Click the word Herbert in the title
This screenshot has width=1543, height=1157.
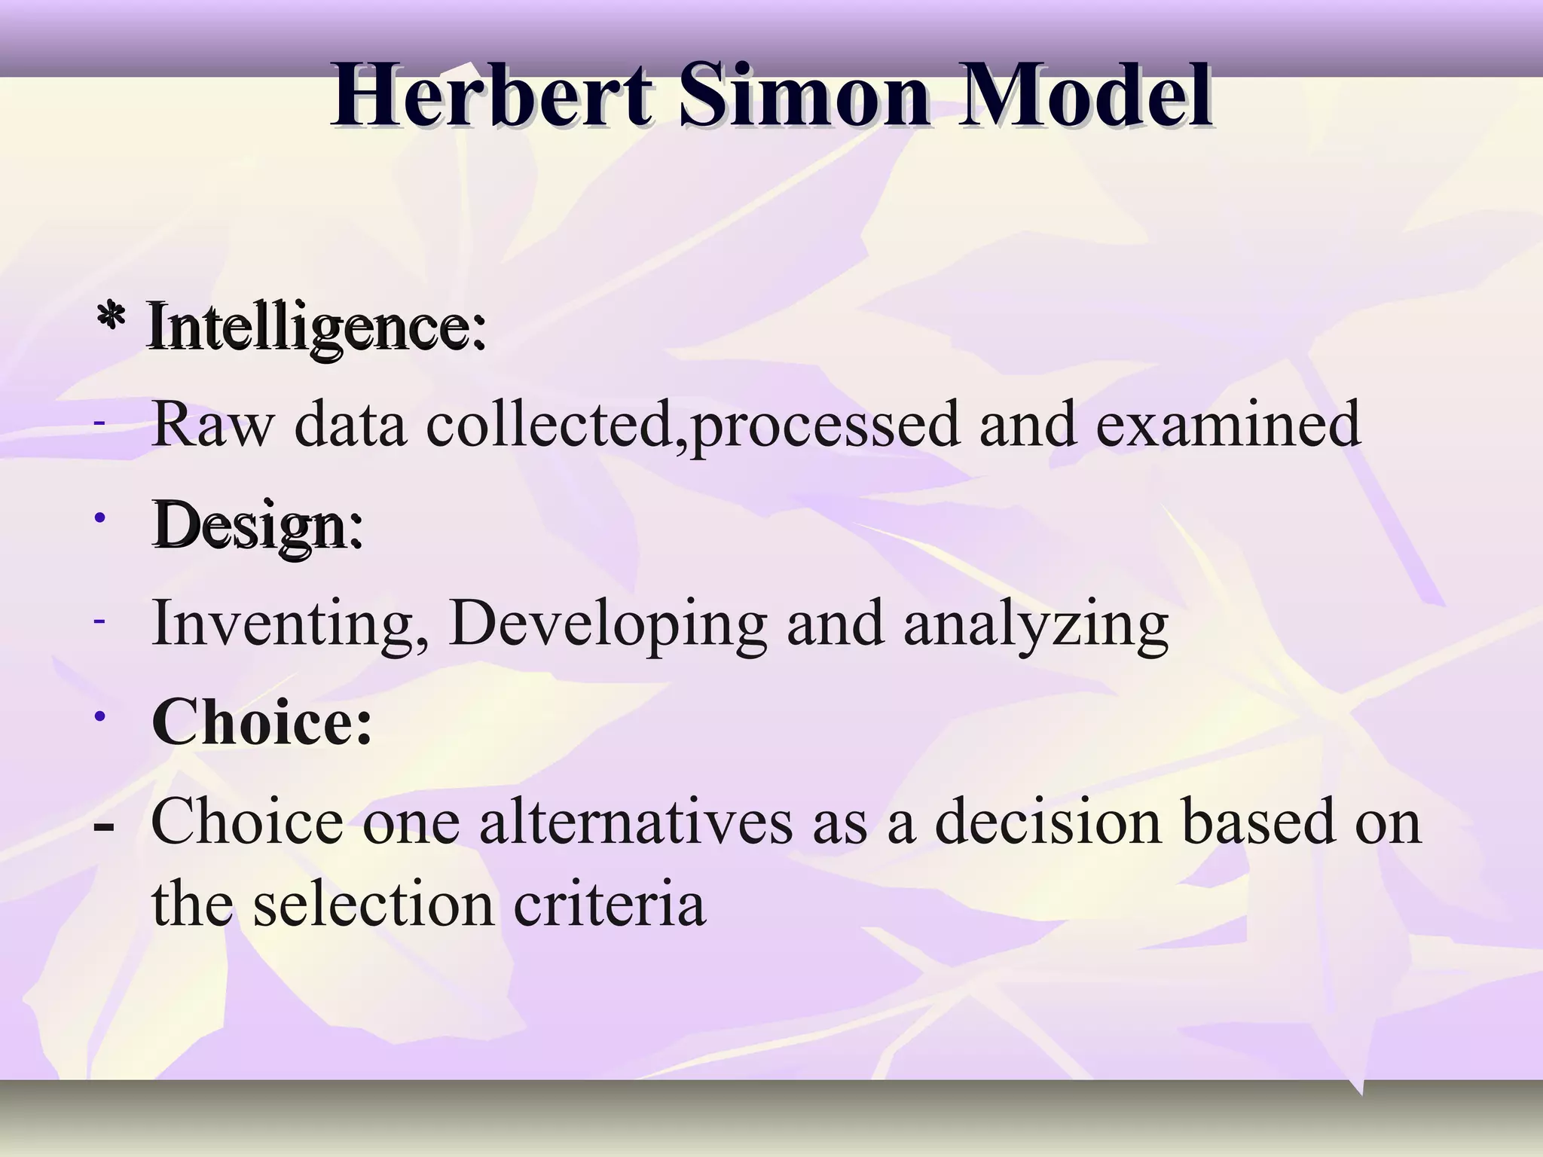[491, 96]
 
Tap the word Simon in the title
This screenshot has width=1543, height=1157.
[805, 96]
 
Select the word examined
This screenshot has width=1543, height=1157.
[1228, 425]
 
